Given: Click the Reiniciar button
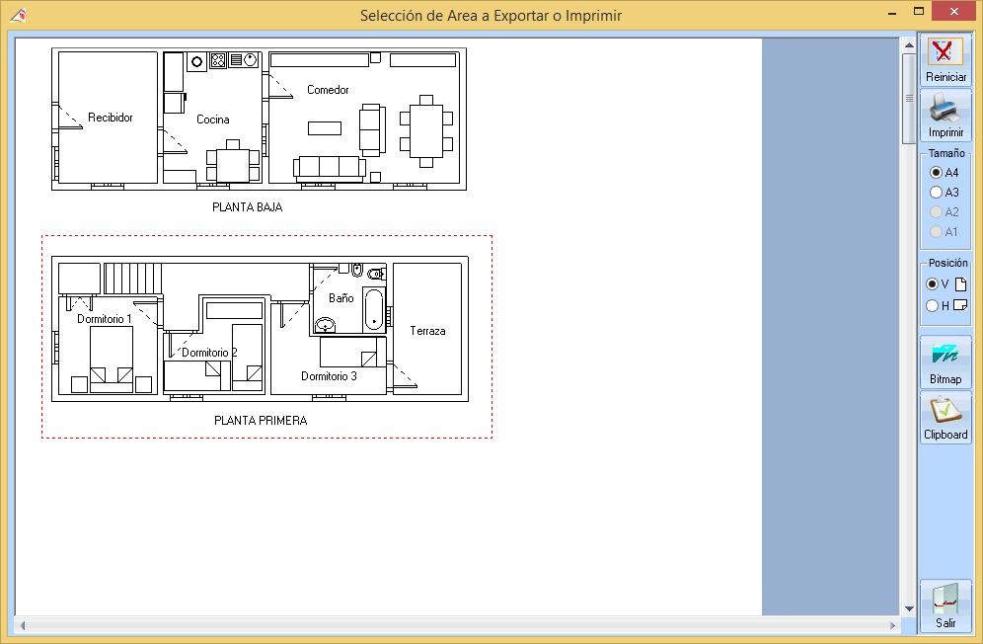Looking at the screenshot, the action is pos(945,60).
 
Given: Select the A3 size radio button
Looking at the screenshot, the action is pos(936,192).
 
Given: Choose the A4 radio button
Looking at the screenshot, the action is pos(936,172).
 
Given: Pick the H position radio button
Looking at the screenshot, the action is pos(933,305).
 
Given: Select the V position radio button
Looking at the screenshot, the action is pos(933,284).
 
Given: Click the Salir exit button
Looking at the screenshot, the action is pos(945,606).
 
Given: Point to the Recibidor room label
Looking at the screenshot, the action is pos(111,118).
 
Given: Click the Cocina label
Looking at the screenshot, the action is pos(213,120).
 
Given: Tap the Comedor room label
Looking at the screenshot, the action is pos(328,90).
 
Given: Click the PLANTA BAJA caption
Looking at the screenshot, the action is pos(248,207).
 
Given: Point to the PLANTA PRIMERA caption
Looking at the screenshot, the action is pos(261,421).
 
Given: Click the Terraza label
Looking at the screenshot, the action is pos(427,331).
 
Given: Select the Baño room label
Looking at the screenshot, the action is pos(341,298).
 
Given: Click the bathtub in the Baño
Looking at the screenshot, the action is pos(374,309).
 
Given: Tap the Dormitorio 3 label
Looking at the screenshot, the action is pos(329,376).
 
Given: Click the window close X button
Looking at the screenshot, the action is pos(954,11).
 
